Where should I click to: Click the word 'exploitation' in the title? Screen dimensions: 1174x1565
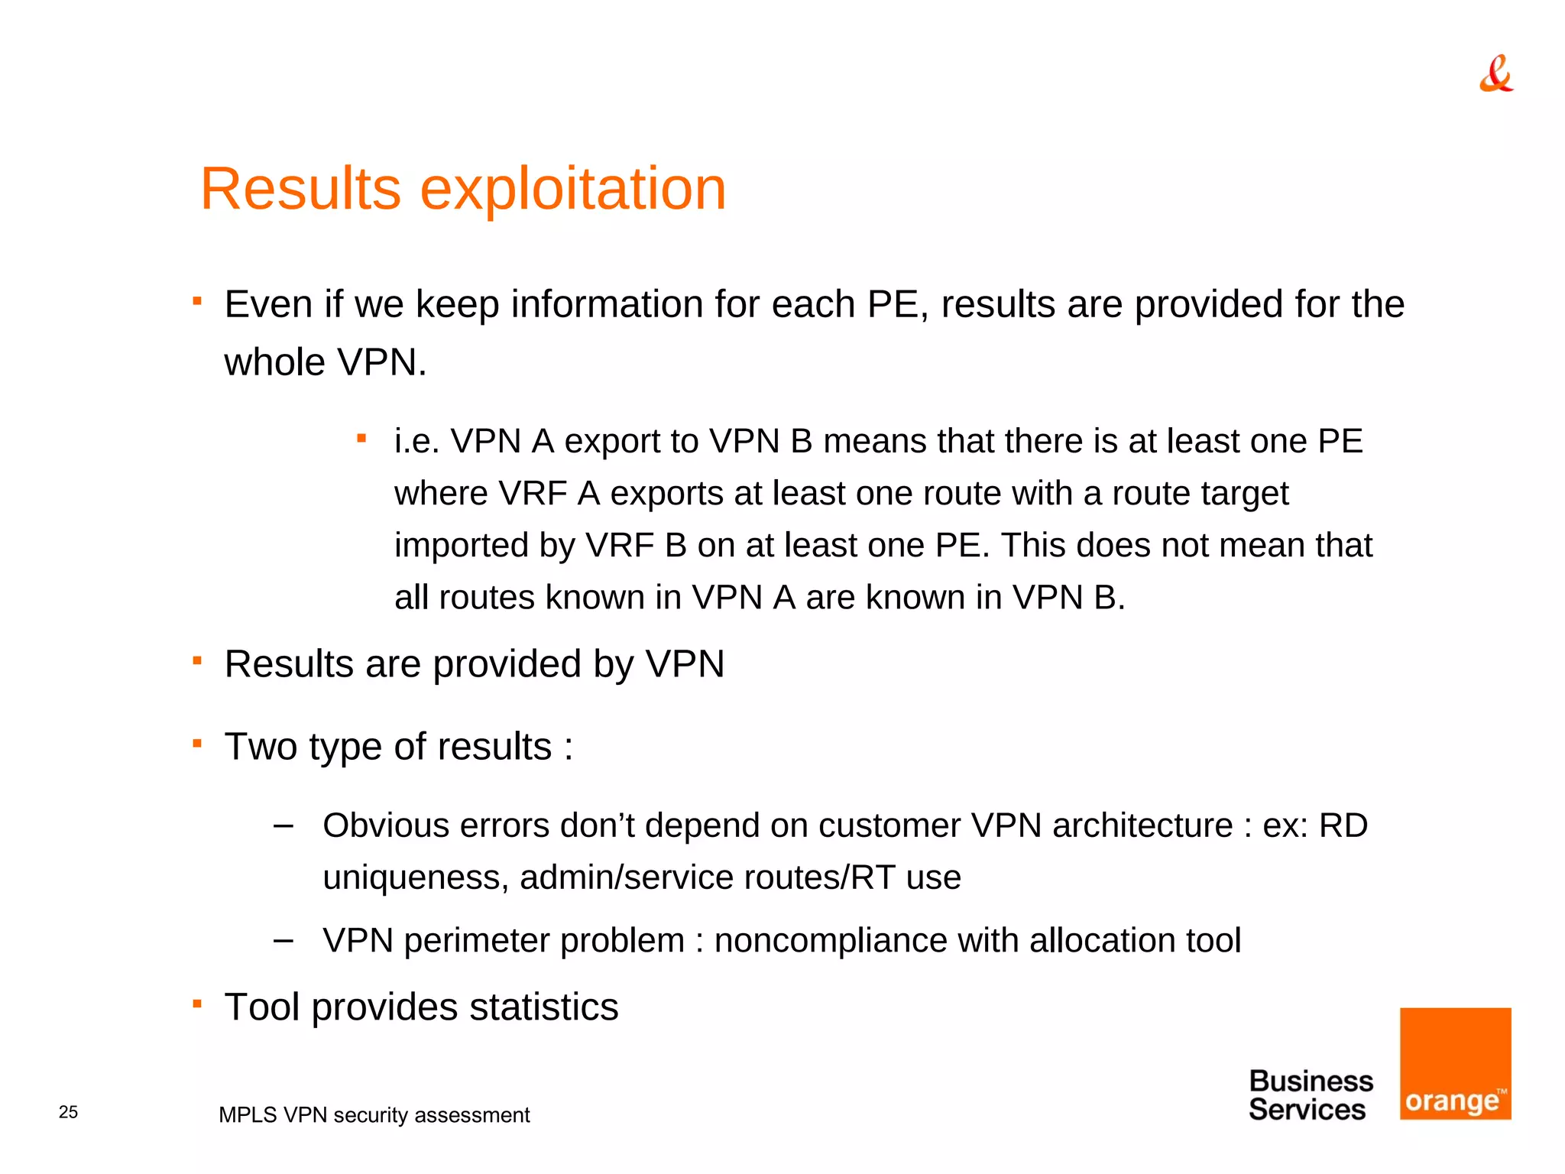(x=573, y=189)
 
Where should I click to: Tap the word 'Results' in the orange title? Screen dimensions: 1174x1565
(x=300, y=189)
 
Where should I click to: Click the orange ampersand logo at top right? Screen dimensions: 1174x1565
(x=1495, y=74)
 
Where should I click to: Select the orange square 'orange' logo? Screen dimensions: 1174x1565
(x=1455, y=1063)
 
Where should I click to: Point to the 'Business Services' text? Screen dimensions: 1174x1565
(x=1310, y=1095)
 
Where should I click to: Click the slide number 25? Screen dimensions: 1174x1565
(x=68, y=1112)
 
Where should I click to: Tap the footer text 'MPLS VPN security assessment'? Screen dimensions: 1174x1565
(x=374, y=1115)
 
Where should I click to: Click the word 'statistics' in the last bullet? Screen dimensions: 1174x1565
(x=543, y=1007)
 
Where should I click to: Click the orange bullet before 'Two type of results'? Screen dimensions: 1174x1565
(x=197, y=742)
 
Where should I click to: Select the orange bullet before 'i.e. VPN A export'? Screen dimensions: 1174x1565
(x=362, y=438)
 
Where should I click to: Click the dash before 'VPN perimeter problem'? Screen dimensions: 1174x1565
(x=284, y=940)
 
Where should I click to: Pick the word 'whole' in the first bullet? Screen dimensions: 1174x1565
(x=274, y=362)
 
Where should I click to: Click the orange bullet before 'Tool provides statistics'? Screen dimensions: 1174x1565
(x=197, y=1003)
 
